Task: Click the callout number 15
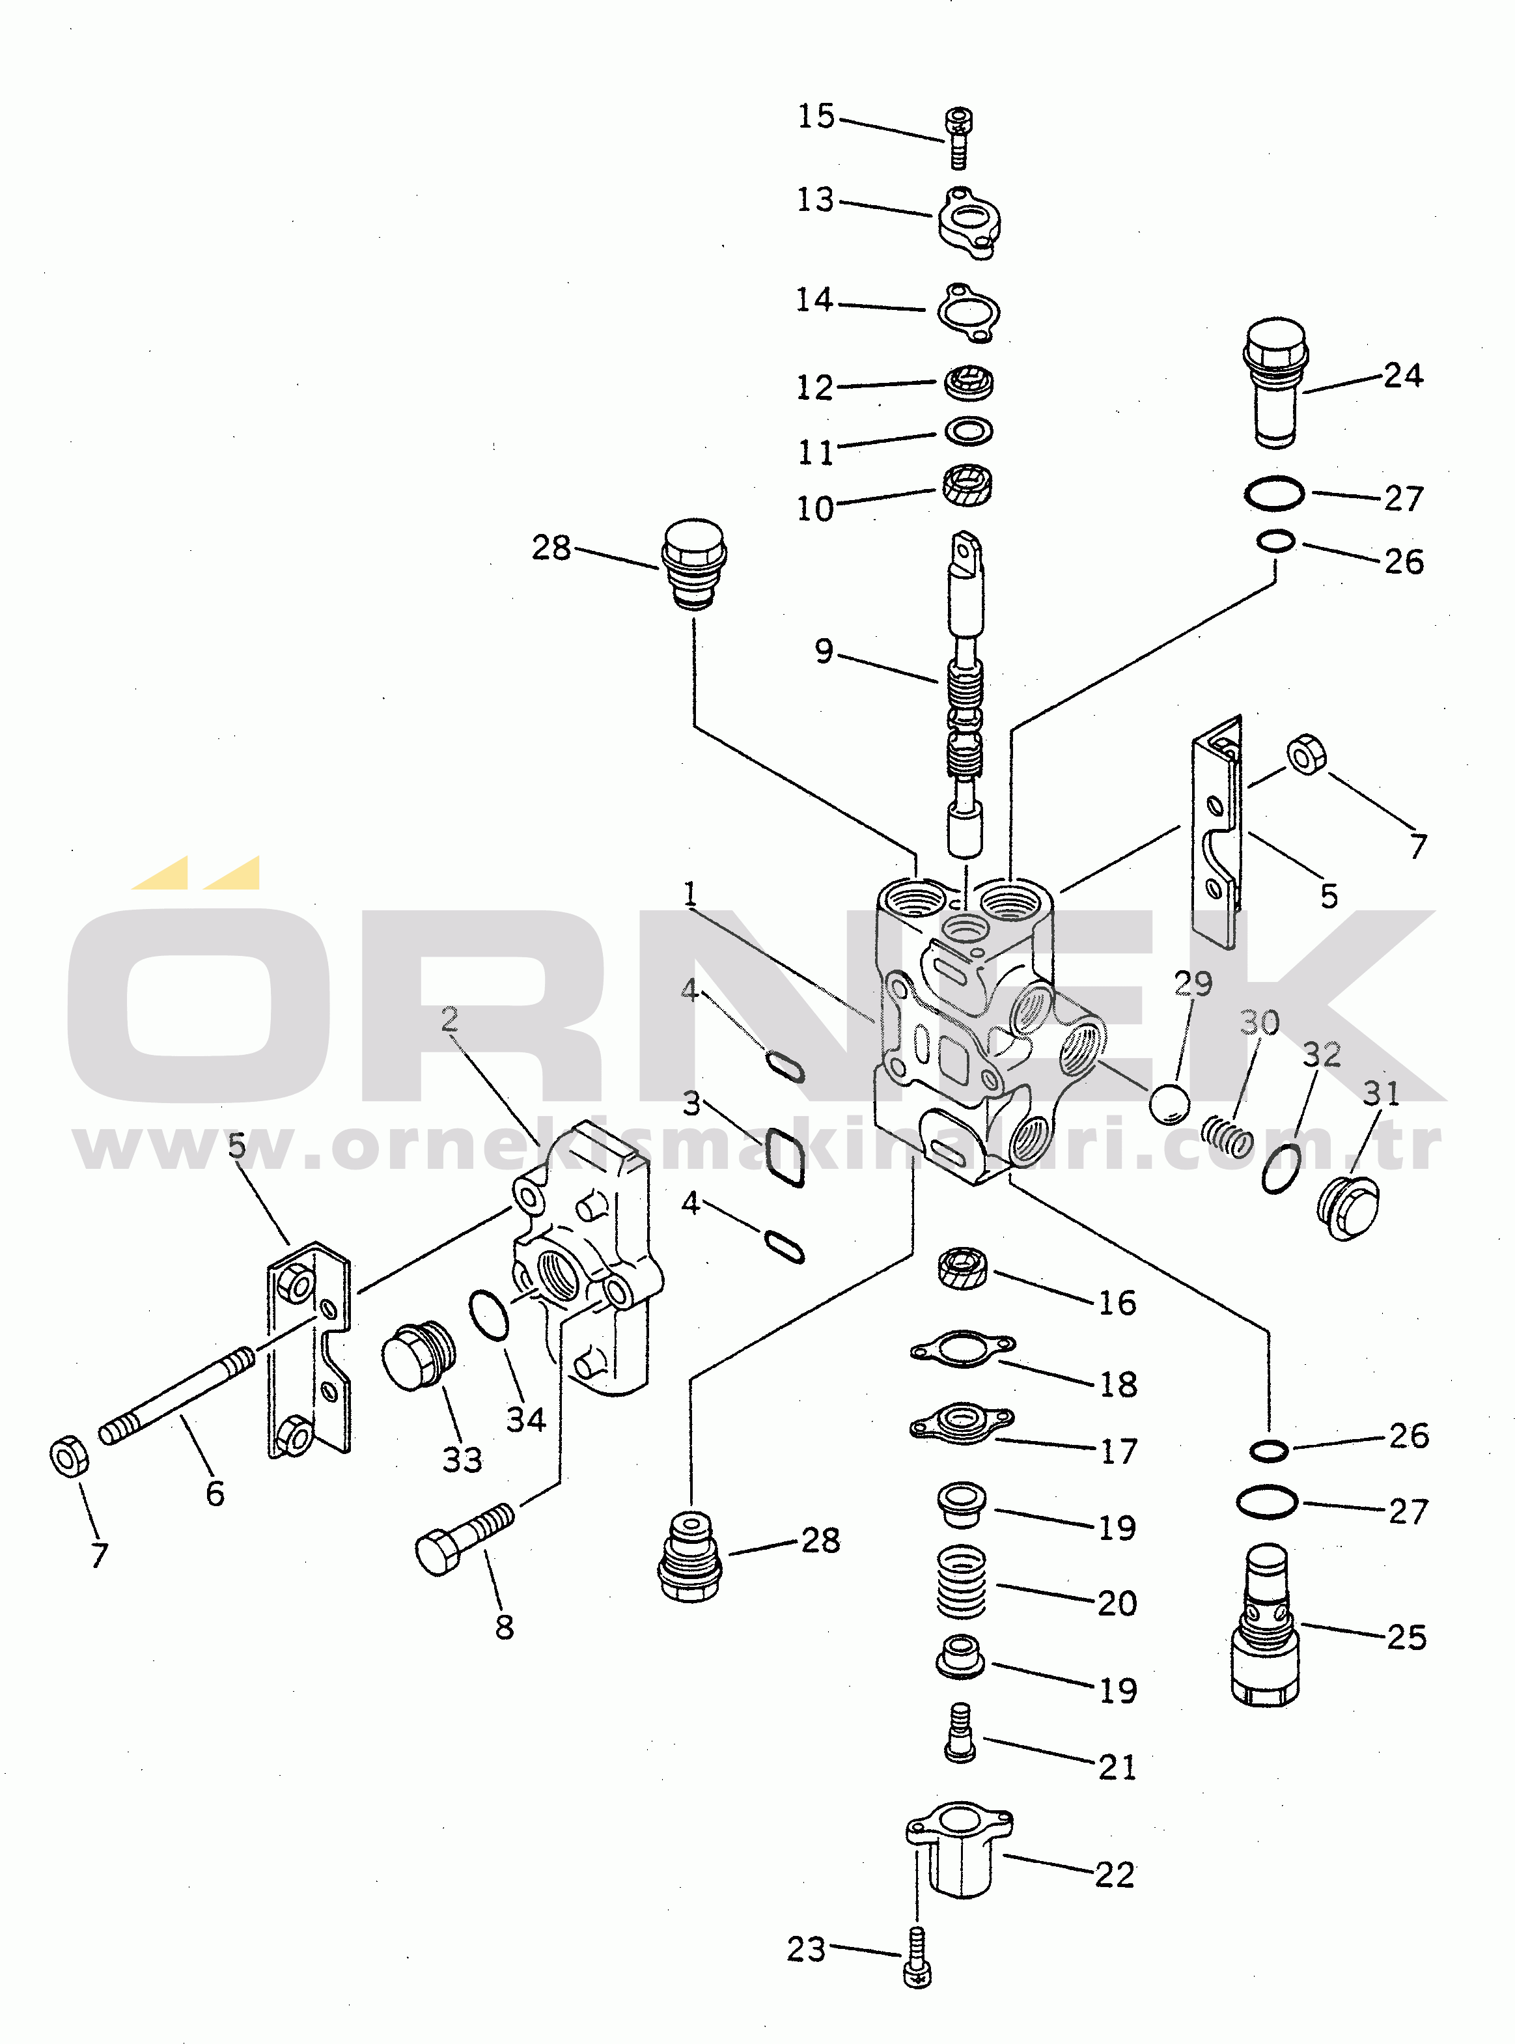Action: [815, 117]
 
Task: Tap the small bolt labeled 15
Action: [958, 139]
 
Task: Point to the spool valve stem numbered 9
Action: [965, 694]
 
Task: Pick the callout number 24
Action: [1403, 375]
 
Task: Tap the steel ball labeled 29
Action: [1169, 1104]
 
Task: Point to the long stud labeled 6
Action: [176, 1395]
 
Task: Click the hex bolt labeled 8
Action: [464, 1539]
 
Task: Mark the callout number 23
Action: [806, 1949]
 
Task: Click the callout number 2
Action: [449, 1019]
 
